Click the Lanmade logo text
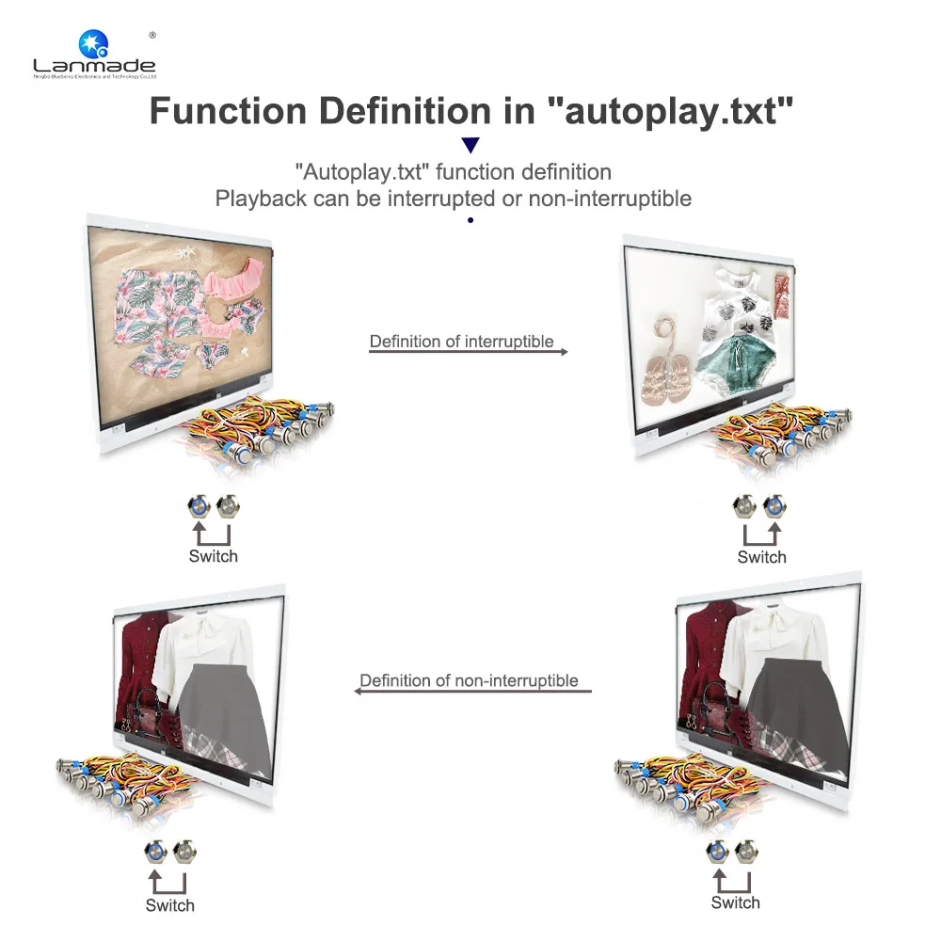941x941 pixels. tap(94, 65)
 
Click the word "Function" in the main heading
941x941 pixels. tap(226, 111)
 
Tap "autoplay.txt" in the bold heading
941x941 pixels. tap(671, 111)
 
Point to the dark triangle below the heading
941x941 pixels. tap(470, 145)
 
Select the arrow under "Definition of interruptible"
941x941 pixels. tap(468, 352)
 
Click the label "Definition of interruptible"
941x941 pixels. tap(461, 341)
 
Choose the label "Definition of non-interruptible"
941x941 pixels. tap(469, 679)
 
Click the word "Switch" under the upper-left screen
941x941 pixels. tap(214, 556)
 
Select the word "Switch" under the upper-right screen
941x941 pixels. tap(762, 557)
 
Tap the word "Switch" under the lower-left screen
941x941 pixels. tap(170, 905)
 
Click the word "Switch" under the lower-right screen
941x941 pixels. tap(736, 902)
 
